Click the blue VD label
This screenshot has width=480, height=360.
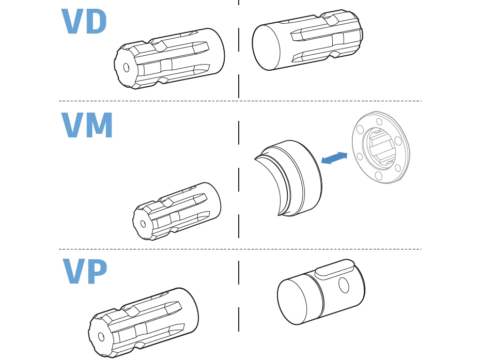[x=84, y=21]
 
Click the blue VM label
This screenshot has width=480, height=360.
[x=87, y=126]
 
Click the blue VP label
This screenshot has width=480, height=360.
[x=85, y=271]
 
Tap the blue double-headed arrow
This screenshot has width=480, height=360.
[x=334, y=158]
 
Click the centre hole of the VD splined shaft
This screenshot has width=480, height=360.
[x=126, y=67]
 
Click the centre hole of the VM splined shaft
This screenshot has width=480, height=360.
[x=143, y=224]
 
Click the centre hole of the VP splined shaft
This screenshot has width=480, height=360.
[x=101, y=336]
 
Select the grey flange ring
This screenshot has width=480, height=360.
[x=381, y=148]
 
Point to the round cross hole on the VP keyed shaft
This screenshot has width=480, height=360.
[x=342, y=285]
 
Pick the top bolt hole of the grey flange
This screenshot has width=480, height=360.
[x=379, y=122]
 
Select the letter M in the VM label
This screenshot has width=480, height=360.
[x=99, y=126]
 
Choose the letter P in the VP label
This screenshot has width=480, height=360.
[x=96, y=271]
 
